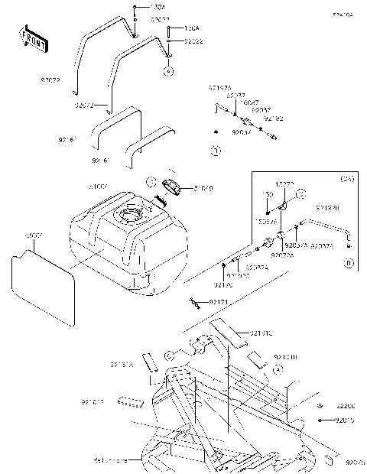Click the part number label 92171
219,304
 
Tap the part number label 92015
347,420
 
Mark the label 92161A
122,365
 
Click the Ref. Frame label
111,460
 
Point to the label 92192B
328,207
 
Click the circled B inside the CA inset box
348,264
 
